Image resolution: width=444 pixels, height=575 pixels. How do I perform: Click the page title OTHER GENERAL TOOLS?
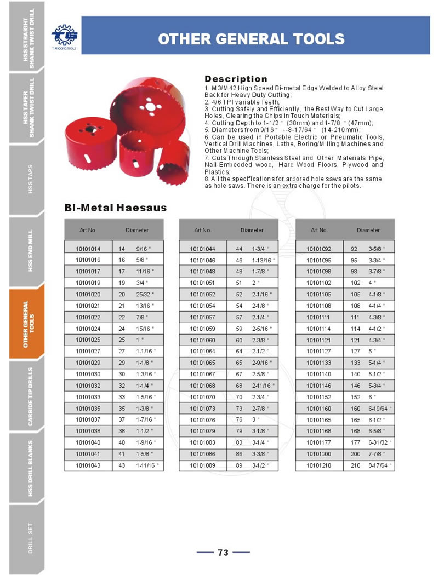click(251, 38)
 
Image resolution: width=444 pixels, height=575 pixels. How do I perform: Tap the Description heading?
click(236, 79)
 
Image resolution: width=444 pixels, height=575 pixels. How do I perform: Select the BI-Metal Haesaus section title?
click(116, 208)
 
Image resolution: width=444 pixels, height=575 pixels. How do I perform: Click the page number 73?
click(223, 553)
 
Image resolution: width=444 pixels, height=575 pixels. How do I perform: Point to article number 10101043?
click(88, 465)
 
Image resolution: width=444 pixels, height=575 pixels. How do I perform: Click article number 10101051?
click(203, 283)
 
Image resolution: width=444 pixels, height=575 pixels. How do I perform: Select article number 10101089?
click(203, 465)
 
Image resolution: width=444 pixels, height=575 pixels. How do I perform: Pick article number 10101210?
click(319, 465)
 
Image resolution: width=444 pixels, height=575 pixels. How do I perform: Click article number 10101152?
click(319, 397)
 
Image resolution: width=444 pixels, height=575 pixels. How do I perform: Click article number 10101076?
click(203, 420)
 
